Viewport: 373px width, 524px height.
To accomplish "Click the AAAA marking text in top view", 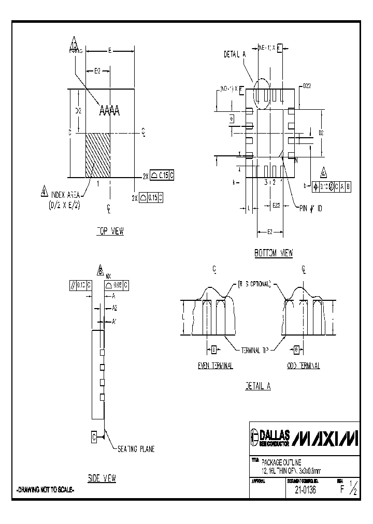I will (x=109, y=110).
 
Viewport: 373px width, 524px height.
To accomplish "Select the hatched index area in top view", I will (x=97, y=155).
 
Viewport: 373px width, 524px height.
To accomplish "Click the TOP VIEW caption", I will (x=110, y=231).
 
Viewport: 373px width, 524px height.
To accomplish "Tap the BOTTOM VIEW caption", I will (x=274, y=253).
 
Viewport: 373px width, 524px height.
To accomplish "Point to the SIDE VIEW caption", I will (x=102, y=478).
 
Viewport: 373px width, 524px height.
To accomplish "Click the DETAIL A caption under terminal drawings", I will (x=258, y=386).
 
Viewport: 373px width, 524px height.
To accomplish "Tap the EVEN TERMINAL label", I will (x=215, y=366).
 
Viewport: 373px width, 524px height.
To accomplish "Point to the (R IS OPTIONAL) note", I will (x=254, y=283).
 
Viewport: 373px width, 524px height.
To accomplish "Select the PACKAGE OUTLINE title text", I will (x=280, y=461).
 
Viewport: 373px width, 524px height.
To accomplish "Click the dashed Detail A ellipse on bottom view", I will (x=262, y=93).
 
